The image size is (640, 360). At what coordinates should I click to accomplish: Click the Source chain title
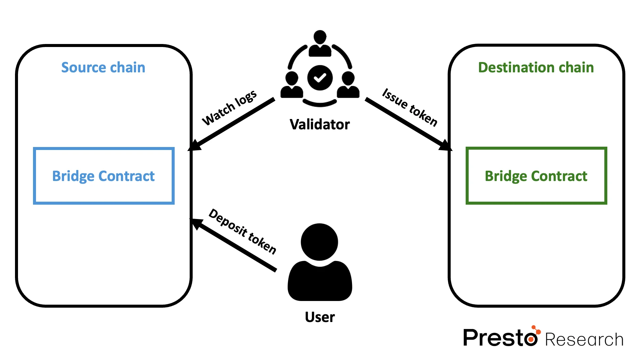coord(103,67)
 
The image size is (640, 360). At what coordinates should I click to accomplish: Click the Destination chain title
coord(536,67)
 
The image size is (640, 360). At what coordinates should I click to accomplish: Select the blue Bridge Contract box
coord(104,176)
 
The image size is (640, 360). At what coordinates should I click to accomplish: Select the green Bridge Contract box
coord(536,176)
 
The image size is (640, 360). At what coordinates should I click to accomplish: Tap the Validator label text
coord(320,124)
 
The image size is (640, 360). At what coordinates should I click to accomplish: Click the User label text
coord(320,317)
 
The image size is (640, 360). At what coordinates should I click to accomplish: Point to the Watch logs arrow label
coord(230,108)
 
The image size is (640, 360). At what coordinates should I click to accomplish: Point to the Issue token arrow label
coord(410,107)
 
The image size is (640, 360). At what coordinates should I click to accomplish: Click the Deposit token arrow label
coord(243,232)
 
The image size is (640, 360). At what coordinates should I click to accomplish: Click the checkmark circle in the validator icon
coord(320,78)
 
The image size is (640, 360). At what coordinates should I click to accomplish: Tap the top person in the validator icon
coord(320,44)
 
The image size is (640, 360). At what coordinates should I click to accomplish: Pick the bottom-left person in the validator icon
coord(292,85)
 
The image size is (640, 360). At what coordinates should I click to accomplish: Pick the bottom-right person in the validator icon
coord(348,85)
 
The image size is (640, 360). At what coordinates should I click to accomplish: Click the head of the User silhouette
coord(319,242)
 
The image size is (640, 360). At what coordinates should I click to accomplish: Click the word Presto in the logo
coord(499,338)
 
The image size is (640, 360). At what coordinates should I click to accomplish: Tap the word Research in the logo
coord(584,340)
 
